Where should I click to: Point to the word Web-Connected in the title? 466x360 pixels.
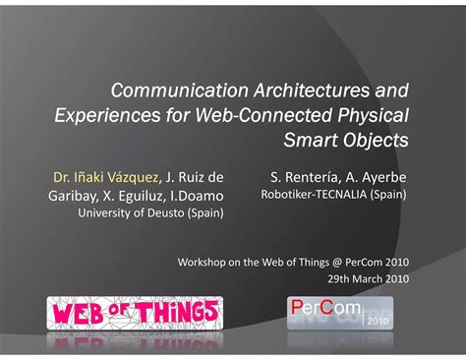[248, 116]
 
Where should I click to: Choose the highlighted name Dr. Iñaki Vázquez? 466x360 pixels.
[104, 177]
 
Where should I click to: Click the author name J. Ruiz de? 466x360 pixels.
[195, 177]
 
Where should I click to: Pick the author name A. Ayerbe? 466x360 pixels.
[378, 177]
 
